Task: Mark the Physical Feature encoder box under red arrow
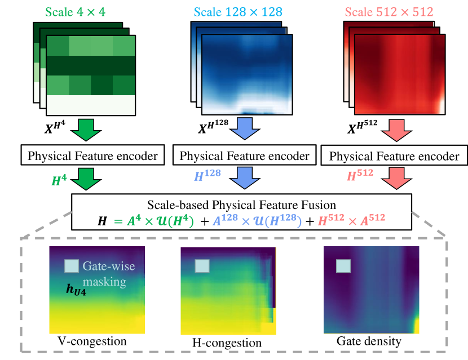click(x=394, y=156)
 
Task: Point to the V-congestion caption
click(x=92, y=341)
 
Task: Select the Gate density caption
click(x=369, y=341)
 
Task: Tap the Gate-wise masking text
click(x=109, y=273)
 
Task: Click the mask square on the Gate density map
click(x=343, y=266)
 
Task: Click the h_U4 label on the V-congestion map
click(x=76, y=289)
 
